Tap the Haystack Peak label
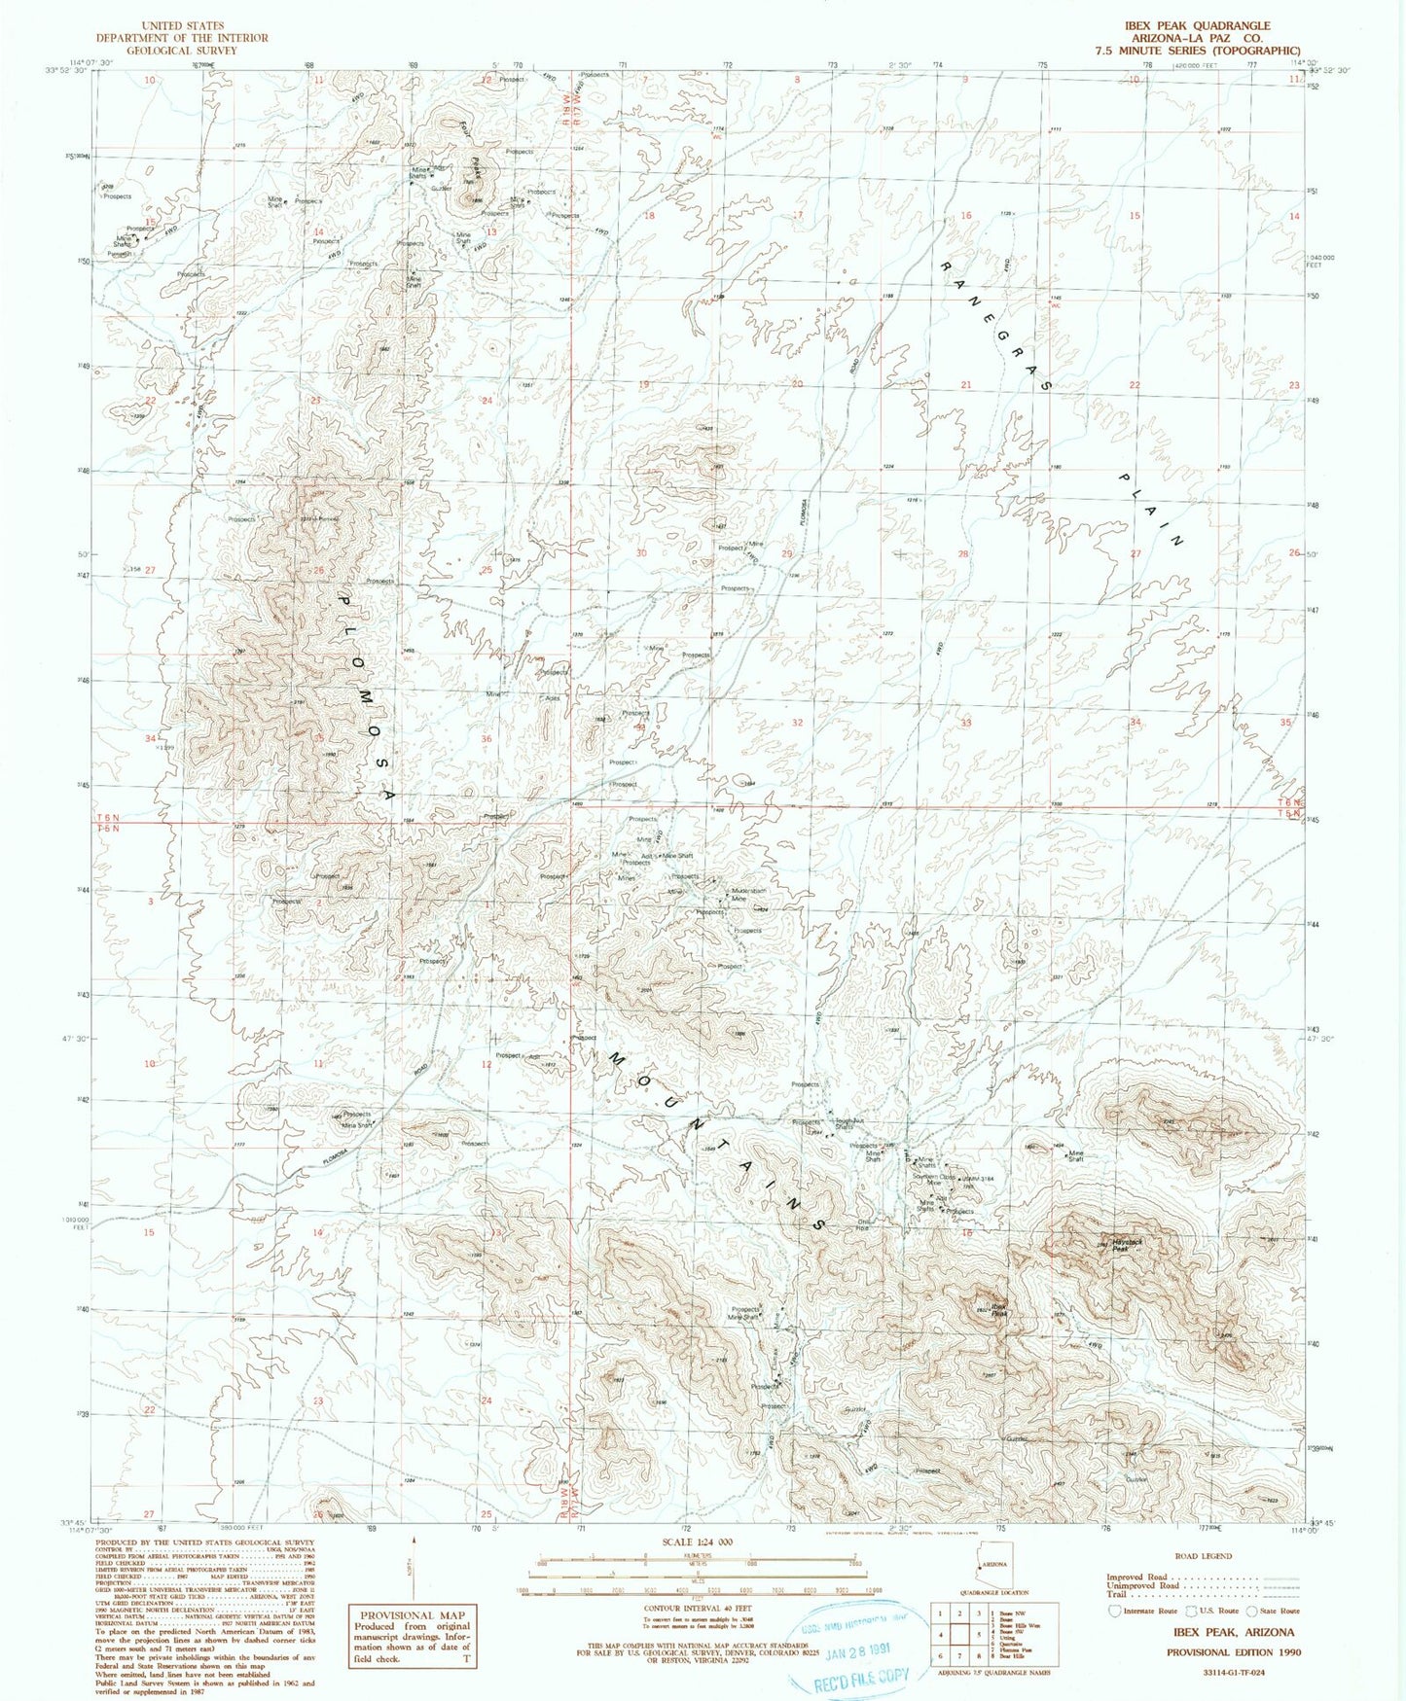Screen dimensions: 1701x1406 pyautogui.click(x=1122, y=1245)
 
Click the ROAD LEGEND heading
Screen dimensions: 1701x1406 pyautogui.click(x=1204, y=1556)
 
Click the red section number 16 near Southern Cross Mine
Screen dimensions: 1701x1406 pyautogui.click(x=967, y=1233)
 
